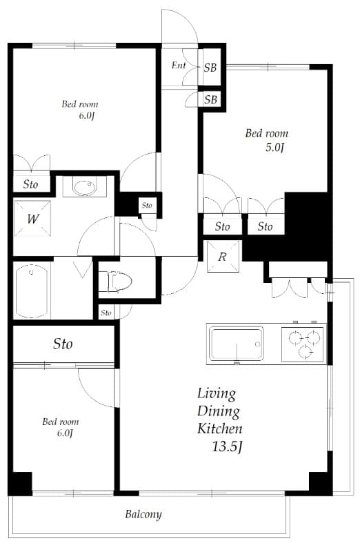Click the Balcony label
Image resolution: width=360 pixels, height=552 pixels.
143,514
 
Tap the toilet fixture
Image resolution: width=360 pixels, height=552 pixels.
116,282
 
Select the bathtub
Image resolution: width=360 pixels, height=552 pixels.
32,290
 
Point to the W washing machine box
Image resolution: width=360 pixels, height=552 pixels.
32,219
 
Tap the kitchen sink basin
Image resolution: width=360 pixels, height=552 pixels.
236,343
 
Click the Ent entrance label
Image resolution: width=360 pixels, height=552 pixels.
179,66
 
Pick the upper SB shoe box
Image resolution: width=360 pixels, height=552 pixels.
210,67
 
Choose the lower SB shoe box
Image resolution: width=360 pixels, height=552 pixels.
210,99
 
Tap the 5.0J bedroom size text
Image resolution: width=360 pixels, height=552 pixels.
274,148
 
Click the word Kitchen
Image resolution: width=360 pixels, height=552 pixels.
220,428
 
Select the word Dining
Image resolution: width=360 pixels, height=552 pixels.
219,411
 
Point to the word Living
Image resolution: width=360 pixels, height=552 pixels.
217,394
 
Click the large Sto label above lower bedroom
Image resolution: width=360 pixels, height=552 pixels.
63,344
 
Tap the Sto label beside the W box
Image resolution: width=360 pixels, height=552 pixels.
30,184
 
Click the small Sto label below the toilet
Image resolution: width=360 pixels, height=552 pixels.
106,313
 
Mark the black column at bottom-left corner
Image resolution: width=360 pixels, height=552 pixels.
20,482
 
